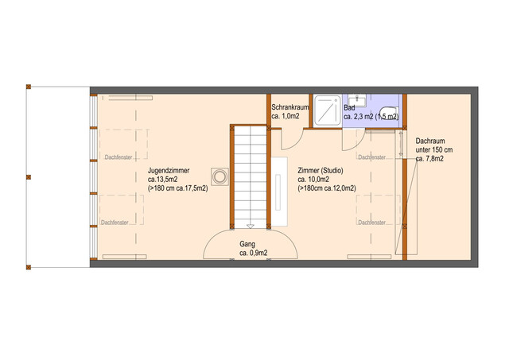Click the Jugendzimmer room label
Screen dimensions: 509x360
pyautogui.click(x=169, y=170)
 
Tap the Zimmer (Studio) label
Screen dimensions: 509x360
pyautogui.click(x=320, y=170)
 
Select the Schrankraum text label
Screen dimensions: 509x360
pyautogui.click(x=289, y=107)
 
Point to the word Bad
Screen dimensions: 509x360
pyautogui.click(x=349, y=107)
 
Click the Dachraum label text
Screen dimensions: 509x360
pyautogui.click(x=430, y=141)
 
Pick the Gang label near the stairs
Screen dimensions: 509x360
pyautogui.click(x=247, y=244)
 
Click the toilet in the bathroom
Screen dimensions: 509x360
pyautogui.click(x=389, y=113)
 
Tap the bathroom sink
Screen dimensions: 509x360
pyautogui.click(x=357, y=100)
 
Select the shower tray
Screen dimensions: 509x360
pyautogui.click(x=328, y=110)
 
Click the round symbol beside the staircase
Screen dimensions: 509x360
pyautogui.click(x=220, y=177)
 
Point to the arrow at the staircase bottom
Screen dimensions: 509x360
pyautogui.click(x=250, y=226)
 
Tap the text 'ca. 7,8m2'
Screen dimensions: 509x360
pyautogui.click(x=429, y=159)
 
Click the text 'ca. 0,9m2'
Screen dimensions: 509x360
pyautogui.click(x=254, y=253)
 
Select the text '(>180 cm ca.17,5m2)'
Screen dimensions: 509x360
pyautogui.click(x=178, y=188)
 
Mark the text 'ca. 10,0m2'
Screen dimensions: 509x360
pyautogui.click(x=313, y=180)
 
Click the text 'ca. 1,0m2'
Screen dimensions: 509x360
pyautogui.click(x=286, y=116)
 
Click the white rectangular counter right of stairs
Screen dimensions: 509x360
pyautogui.click(x=279, y=192)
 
